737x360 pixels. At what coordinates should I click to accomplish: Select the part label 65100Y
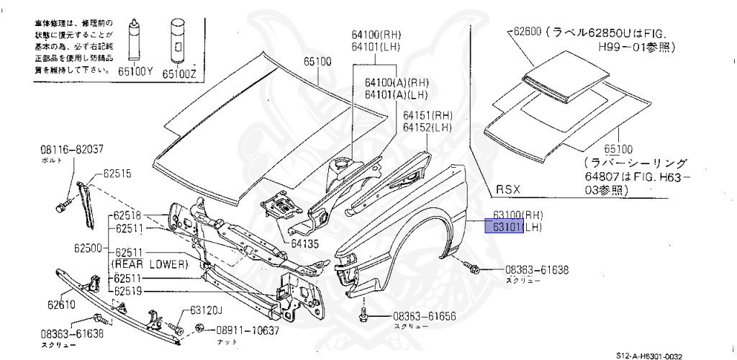[x=134, y=73]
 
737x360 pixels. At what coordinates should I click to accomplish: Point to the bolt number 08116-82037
[x=72, y=150]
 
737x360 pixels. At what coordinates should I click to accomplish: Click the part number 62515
[x=117, y=174]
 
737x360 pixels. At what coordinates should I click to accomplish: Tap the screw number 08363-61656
[x=425, y=316]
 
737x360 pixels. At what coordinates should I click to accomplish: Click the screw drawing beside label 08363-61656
[x=365, y=314]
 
